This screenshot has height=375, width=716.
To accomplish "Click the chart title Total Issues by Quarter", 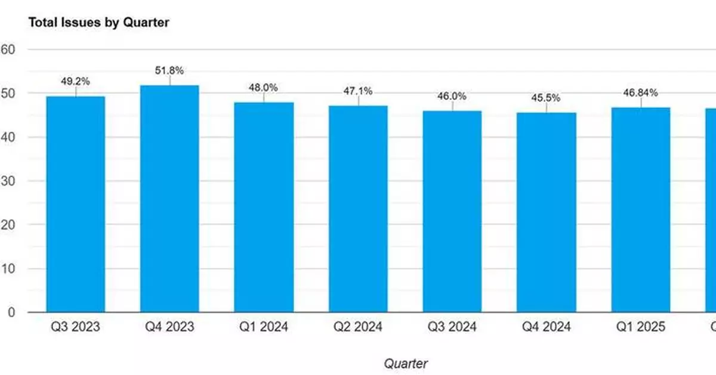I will pos(99,23).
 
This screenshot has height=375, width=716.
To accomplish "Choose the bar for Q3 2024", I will pos(452,211).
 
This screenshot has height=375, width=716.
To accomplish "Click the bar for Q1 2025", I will pos(641,209).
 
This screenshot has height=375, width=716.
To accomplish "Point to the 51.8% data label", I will pos(169,71).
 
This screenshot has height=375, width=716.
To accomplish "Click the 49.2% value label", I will pos(76,82).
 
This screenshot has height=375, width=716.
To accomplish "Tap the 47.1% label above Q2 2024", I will pos(358,91).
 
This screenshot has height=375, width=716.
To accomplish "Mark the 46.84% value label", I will pos(641,92).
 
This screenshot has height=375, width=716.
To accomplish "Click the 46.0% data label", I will pos(452,96).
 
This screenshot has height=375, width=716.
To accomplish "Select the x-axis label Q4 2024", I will pos(547,327).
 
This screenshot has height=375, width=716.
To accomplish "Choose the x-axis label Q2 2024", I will pos(358,327).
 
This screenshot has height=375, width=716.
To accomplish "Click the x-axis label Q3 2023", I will pos(76,327).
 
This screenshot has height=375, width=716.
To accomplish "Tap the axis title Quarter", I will pos(406,363).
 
